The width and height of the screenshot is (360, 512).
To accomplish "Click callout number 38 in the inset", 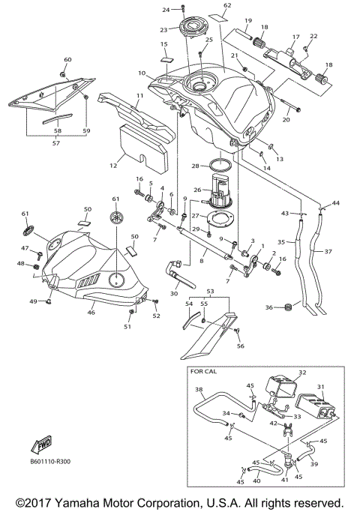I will pos(199,390).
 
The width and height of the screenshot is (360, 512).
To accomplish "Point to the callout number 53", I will pos(211,290).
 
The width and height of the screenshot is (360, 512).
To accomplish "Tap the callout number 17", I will pos(295,35).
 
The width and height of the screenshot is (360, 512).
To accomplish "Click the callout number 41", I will pos(284,479).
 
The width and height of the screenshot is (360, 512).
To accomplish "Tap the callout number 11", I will pos(139,96).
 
